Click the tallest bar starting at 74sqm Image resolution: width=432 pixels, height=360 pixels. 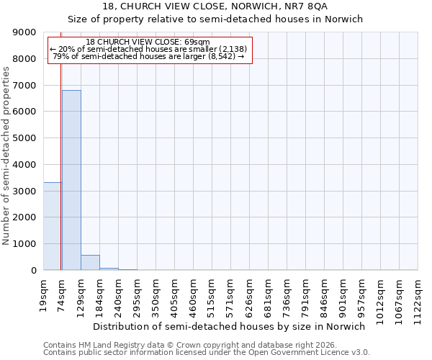(x=71, y=180)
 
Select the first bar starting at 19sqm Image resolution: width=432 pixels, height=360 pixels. (x=52, y=226)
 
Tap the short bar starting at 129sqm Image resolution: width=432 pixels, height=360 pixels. (x=90, y=263)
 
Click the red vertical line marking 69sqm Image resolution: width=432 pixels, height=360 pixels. (x=60, y=158)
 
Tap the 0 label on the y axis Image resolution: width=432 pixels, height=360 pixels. (x=33, y=271)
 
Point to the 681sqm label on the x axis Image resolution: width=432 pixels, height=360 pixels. (x=269, y=294)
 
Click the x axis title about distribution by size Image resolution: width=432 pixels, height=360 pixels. (x=230, y=326)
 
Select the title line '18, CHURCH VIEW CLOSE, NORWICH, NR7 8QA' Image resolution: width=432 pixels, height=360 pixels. (x=215, y=6)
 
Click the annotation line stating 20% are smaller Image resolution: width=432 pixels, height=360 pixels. (x=148, y=49)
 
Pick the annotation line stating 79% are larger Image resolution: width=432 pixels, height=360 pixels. (x=148, y=56)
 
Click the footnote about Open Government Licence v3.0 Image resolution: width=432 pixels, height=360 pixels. (x=207, y=353)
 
